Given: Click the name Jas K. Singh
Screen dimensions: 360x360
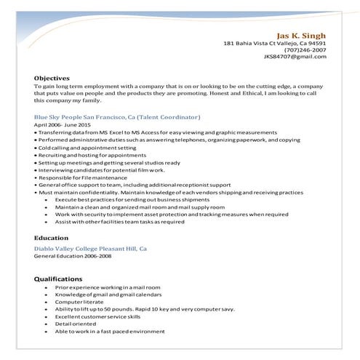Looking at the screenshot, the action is [x=300, y=35].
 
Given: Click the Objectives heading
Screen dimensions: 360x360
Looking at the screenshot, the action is [x=52, y=78].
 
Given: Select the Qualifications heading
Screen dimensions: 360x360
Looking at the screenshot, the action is [x=58, y=279].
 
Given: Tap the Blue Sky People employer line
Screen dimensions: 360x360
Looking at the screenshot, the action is [x=117, y=117].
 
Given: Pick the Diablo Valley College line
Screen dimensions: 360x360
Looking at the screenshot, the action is [x=90, y=249].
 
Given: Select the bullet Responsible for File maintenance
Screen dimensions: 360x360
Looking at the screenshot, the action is [x=84, y=177].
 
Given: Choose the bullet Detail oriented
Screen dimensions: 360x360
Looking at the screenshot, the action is [x=75, y=324].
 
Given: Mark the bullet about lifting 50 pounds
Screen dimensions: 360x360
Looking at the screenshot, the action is [x=145, y=309].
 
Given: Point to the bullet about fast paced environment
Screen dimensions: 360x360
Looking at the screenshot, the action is [x=110, y=331].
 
